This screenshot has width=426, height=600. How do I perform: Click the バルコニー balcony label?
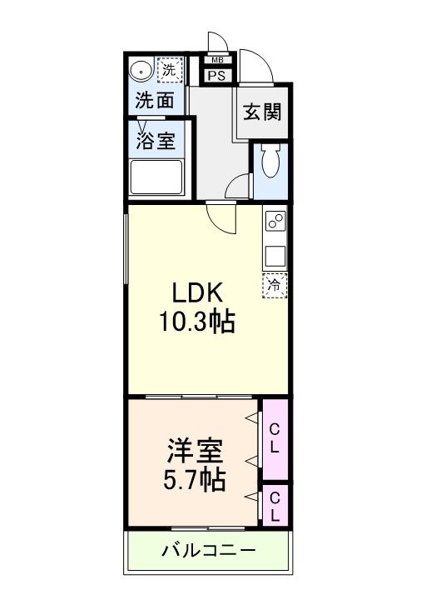[x=208, y=551]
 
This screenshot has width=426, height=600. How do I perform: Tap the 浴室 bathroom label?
[x=156, y=140]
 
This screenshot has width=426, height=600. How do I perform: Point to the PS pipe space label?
[x=217, y=76]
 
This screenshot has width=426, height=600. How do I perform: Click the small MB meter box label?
[x=217, y=60]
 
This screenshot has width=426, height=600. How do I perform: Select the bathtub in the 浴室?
[x=156, y=177]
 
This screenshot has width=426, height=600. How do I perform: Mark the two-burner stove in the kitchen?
[x=275, y=222]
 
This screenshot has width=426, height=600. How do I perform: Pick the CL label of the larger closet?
[x=275, y=438]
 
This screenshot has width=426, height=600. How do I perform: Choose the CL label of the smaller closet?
[x=275, y=506]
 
